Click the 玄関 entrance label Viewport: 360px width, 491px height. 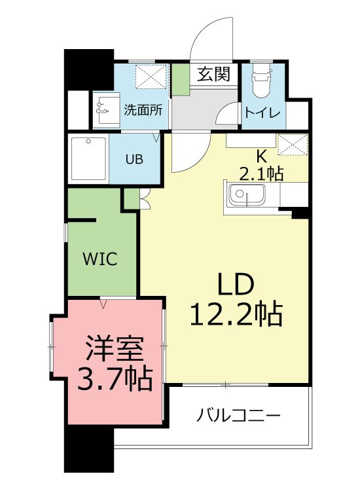[x=214, y=75]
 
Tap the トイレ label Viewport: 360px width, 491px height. [x=262, y=113]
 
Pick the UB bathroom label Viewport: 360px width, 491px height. [x=134, y=159]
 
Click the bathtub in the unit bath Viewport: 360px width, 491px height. [x=88, y=159]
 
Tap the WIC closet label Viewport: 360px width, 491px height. [x=99, y=259]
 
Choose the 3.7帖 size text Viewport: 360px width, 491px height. [x=115, y=378]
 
